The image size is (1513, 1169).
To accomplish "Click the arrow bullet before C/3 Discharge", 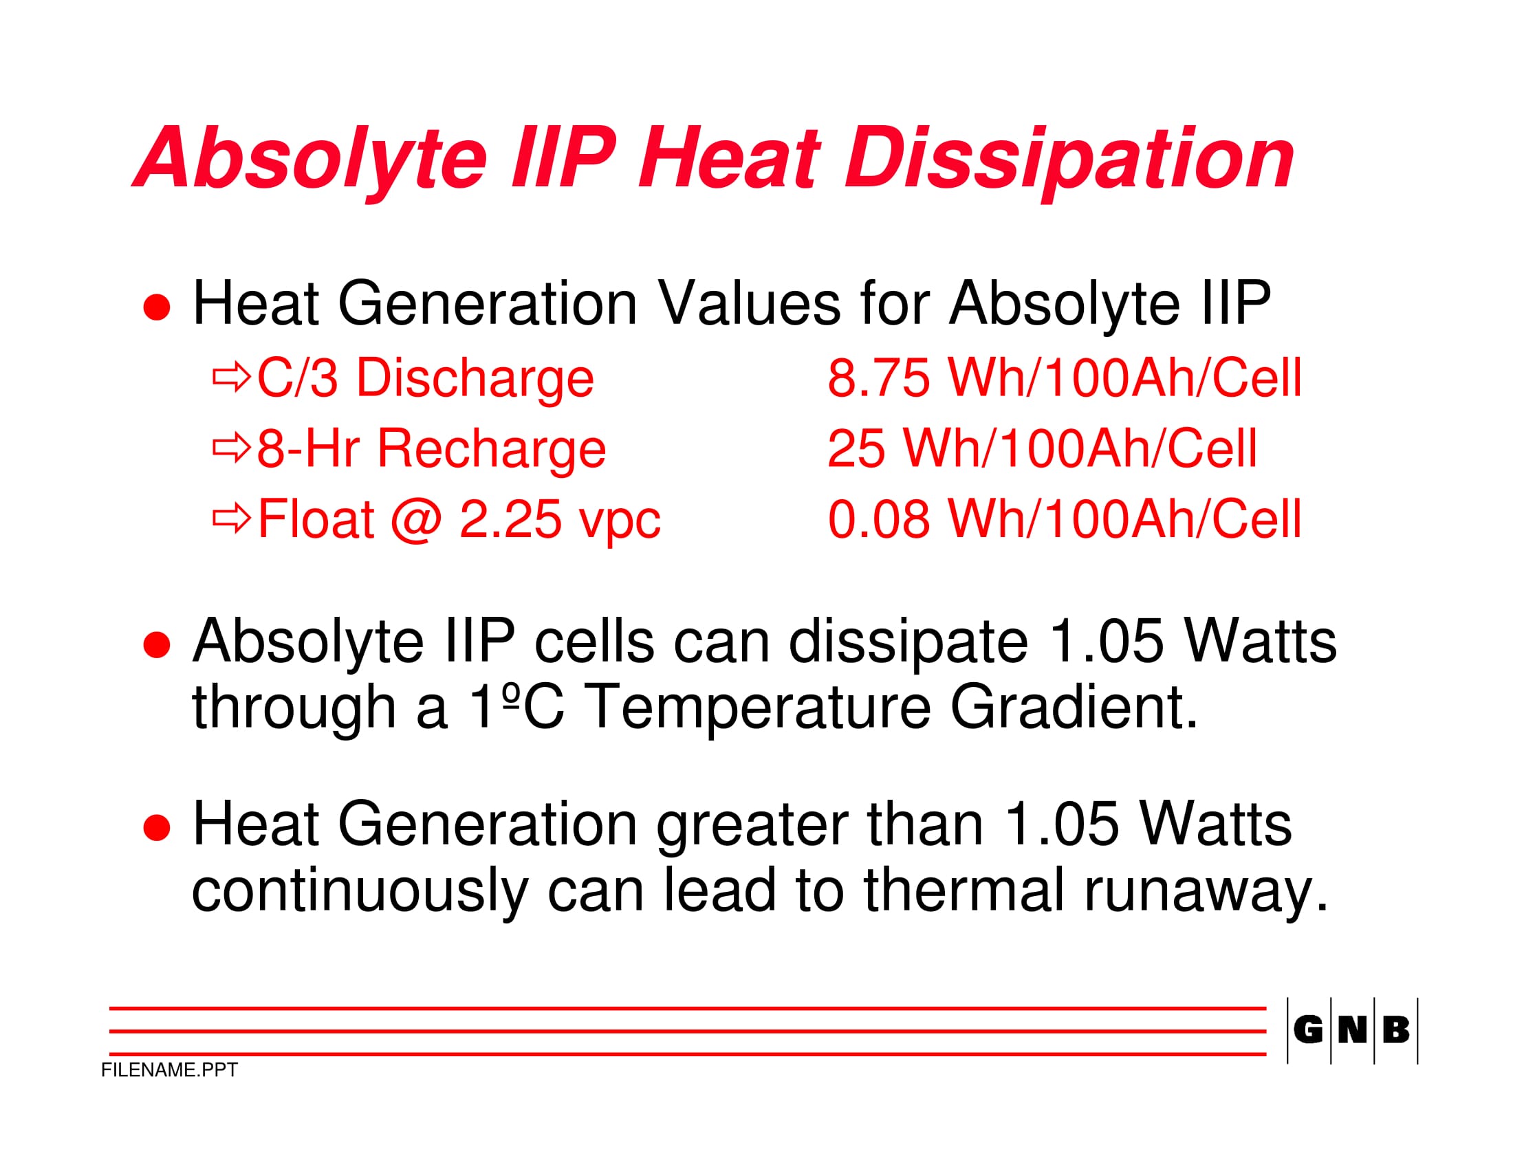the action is coord(231,377).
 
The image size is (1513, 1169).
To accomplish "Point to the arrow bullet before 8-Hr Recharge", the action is coord(231,448).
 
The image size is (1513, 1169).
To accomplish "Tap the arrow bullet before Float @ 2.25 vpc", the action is coord(231,518).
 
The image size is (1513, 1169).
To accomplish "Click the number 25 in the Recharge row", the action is coord(856,449).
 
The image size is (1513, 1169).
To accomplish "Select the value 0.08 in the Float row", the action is coord(878,519).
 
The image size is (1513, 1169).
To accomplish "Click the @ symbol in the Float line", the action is coord(416,521).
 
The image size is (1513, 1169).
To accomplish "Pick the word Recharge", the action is coord(491,450).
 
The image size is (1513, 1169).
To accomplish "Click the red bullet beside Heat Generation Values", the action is coord(157,307).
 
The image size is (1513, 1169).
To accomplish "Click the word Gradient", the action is coord(1073,707).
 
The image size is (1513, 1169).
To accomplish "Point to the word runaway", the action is coord(1206,893).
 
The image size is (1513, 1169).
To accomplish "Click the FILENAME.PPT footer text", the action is coord(169,1070).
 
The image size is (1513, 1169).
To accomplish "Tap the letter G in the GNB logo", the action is coord(1308,1030).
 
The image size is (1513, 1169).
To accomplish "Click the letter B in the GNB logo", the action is coord(1396,1030).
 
